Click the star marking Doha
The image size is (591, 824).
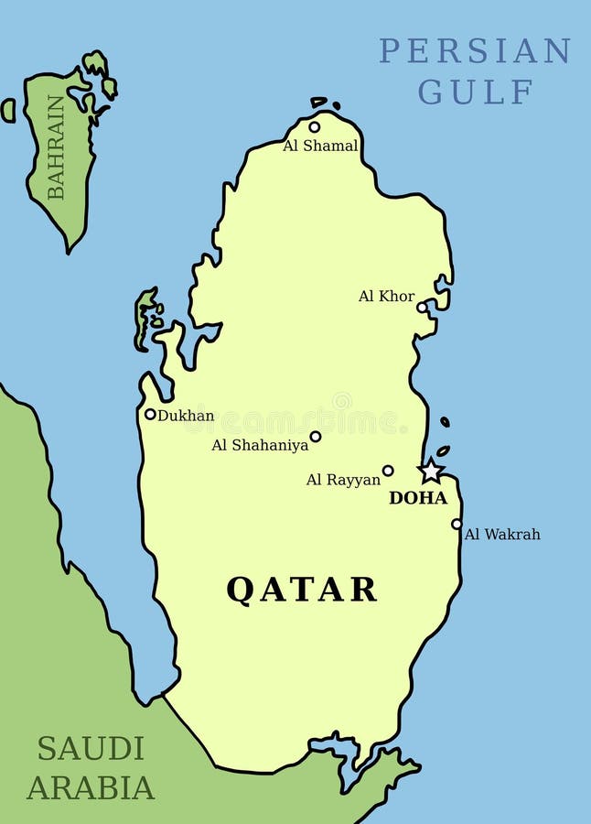coord(431,472)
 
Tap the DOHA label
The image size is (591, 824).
coord(418,498)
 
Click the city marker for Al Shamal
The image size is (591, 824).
coord(315,127)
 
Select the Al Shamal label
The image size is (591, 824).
coord(320,146)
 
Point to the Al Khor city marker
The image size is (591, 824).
coord(422,308)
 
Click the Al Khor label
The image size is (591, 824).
coord(386,297)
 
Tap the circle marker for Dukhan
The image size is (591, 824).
coord(150,414)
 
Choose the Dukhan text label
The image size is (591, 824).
coord(186,416)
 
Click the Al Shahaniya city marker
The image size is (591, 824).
coord(316,437)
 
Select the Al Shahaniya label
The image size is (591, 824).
coord(260,446)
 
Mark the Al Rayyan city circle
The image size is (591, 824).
coord(388,471)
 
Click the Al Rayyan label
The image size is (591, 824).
coord(343,480)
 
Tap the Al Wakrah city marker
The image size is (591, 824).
coord(457,524)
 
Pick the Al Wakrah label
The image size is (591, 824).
coord(502,534)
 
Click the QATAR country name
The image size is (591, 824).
coord(302,589)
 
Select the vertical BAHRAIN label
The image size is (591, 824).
coord(57,146)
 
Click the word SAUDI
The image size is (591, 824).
coord(91,748)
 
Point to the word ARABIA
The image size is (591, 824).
coord(91,787)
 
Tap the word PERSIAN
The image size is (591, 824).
coord(475,51)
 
